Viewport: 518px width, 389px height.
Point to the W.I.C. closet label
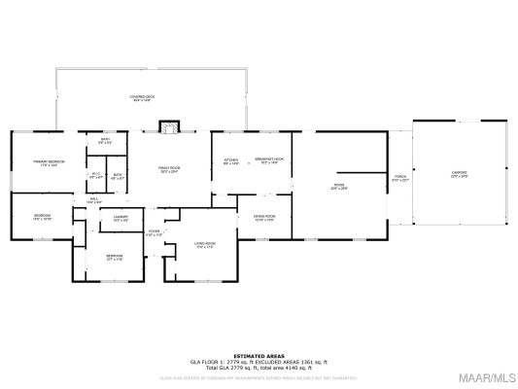click(x=96, y=176)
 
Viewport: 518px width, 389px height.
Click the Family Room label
click(x=170, y=170)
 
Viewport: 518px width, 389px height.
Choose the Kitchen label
click(x=231, y=161)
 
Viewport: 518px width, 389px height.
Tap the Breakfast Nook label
click(x=268, y=161)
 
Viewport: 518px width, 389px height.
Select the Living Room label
click(x=204, y=244)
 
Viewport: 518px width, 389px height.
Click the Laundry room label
click(x=121, y=219)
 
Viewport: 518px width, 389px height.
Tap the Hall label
click(x=95, y=200)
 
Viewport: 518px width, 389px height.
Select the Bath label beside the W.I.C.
click(x=117, y=176)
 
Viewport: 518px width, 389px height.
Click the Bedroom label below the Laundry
click(x=115, y=258)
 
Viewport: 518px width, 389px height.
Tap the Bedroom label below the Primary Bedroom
click(x=41, y=217)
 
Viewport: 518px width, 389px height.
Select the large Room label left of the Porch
click(x=339, y=186)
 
